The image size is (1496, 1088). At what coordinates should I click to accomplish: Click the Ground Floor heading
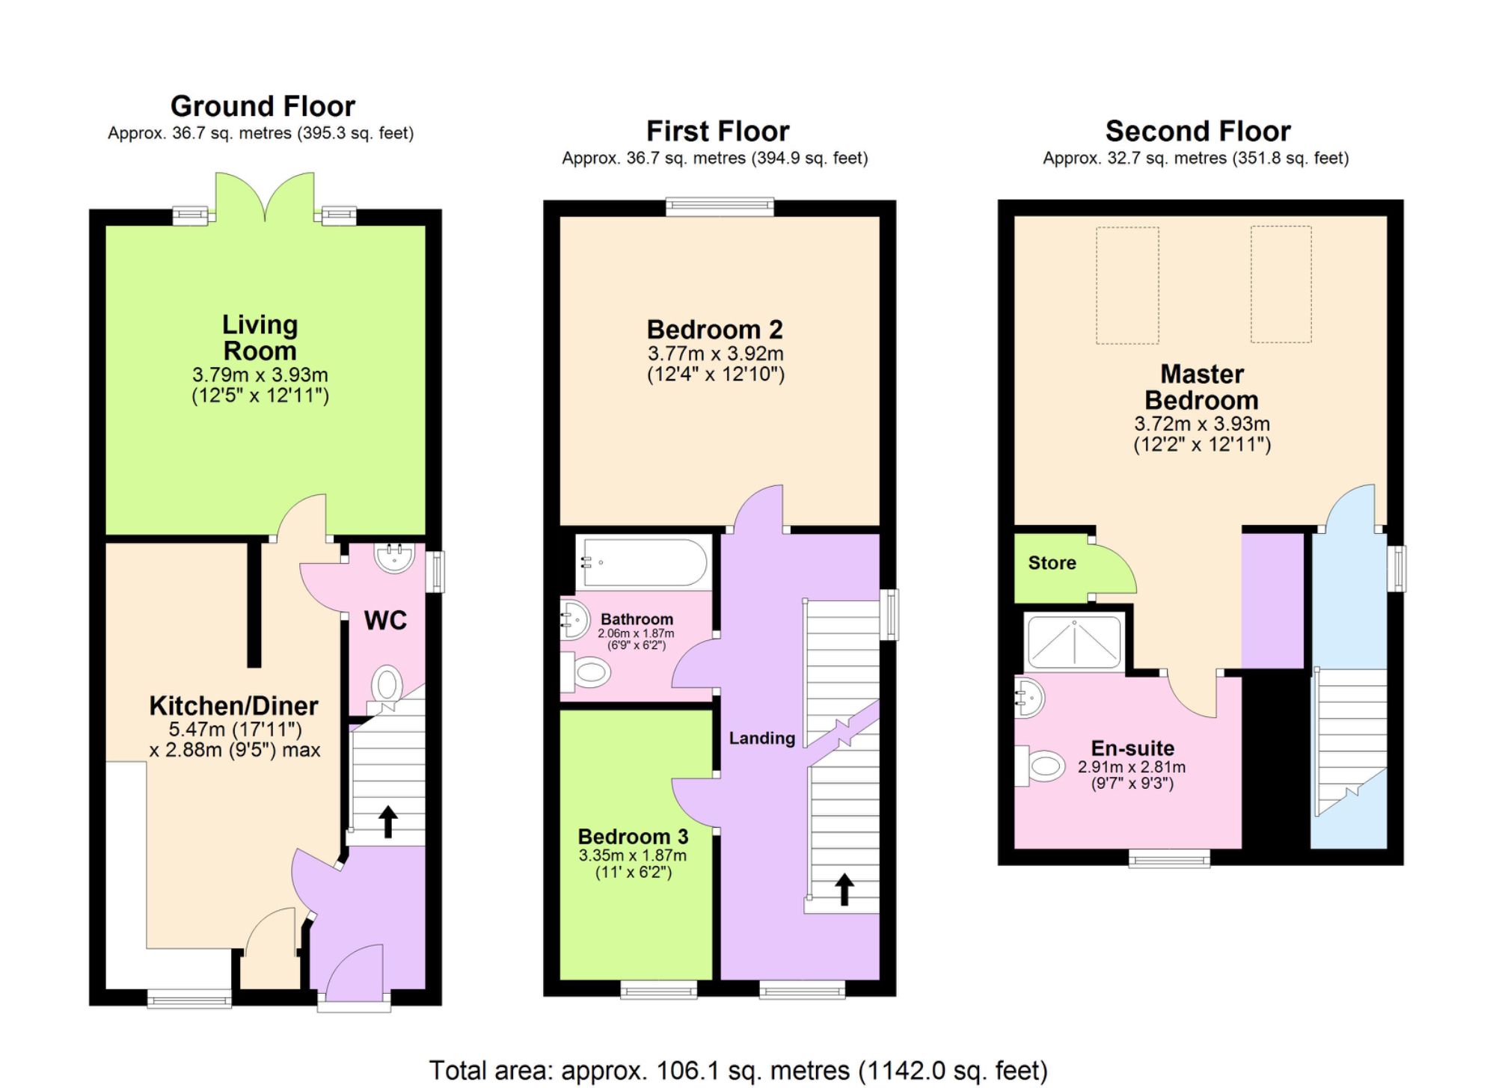coord(263,106)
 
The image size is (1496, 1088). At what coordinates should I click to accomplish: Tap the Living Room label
coord(260,338)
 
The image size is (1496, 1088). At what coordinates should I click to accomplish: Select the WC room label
coord(385,620)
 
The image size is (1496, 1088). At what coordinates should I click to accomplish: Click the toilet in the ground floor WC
coord(387,683)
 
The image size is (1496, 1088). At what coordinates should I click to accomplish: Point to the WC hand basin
coord(393,558)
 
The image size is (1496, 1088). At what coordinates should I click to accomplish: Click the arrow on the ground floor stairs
coord(387,821)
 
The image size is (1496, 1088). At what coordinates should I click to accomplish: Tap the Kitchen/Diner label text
coord(233,706)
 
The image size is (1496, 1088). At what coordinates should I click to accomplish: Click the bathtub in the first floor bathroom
coord(643,562)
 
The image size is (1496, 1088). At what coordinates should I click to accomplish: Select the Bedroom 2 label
coord(714,330)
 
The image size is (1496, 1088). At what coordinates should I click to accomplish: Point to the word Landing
coord(761,739)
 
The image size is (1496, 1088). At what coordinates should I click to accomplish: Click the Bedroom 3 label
coord(633,837)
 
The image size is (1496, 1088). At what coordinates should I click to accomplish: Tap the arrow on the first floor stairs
coord(844,889)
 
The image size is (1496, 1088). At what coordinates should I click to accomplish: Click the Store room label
coord(1052,563)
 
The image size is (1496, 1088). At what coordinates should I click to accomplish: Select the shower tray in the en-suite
coord(1074,641)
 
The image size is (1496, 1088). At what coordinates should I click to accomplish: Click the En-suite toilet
coord(1041,766)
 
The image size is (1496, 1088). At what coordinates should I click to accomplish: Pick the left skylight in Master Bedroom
coord(1127,285)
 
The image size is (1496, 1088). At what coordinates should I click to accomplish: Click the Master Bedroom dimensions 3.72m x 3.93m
coord(1201,424)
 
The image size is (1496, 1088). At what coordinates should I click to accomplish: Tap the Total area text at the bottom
coord(738,1071)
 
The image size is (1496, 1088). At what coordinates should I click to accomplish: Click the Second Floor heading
coord(1198,132)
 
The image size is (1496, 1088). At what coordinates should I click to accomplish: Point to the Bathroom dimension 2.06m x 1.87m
coord(636,633)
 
